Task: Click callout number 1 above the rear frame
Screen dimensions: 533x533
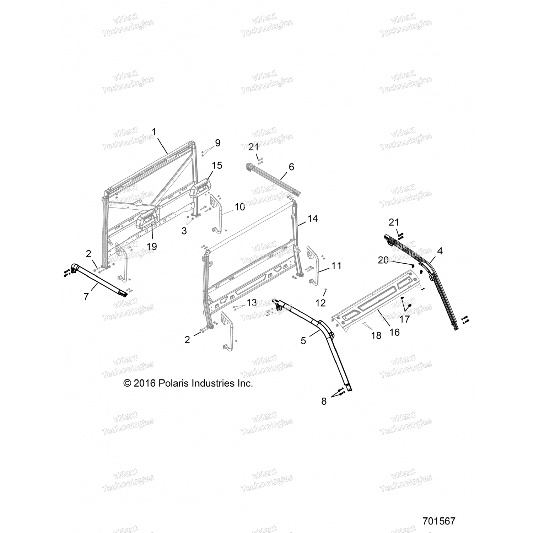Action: pos(154,132)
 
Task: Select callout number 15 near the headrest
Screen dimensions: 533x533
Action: pos(217,165)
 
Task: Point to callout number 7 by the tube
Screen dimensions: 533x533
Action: pos(86,296)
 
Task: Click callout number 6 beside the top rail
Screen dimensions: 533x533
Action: pos(291,167)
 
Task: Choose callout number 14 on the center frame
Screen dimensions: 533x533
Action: pos(312,219)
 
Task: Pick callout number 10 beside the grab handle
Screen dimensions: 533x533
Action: pos(240,207)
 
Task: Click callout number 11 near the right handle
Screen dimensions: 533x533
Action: pos(336,265)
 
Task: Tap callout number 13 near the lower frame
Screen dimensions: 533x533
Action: pos(252,303)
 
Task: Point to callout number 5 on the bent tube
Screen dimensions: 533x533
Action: pos(303,341)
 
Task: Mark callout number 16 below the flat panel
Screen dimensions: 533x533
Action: pos(395,332)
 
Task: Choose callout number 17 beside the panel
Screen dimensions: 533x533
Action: pos(405,319)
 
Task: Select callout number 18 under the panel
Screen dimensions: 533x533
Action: pos(376,335)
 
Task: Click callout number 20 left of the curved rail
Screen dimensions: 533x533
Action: pos(383,260)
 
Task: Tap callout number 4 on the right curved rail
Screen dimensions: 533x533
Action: pos(440,251)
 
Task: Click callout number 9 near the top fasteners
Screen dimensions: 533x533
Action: pos(217,143)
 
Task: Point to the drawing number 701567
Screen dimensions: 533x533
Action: pos(439,521)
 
